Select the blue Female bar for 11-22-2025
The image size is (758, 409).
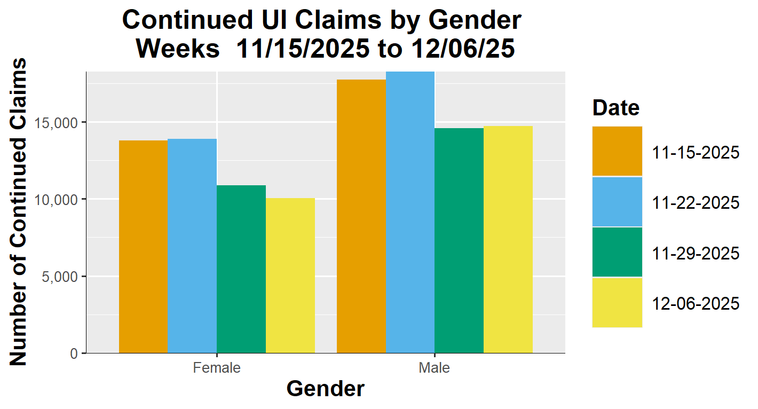192,246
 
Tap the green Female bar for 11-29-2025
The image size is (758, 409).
241,269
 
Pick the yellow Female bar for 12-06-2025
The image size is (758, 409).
290,276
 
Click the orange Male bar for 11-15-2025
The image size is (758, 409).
361,216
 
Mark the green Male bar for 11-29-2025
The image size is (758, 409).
459,240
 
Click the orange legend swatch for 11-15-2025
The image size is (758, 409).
617,152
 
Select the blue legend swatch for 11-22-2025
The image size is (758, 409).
617,202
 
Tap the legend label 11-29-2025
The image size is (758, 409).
696,253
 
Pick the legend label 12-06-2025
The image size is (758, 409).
696,303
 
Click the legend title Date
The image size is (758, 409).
616,108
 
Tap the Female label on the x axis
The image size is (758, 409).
217,368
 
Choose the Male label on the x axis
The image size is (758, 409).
435,368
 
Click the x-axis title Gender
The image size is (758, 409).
326,389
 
